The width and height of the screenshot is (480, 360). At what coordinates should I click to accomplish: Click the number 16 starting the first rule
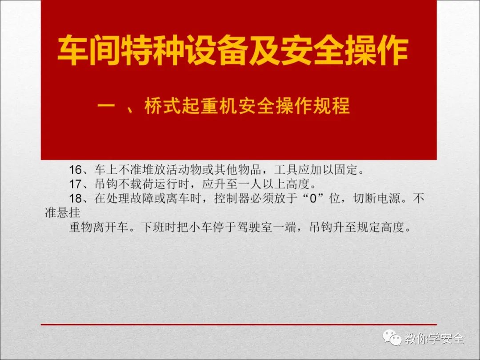point(75,170)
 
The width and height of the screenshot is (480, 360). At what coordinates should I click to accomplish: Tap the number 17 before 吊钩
point(75,184)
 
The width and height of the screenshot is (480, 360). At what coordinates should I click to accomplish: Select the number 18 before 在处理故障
point(75,198)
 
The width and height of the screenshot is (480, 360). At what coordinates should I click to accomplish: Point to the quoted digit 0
point(312,198)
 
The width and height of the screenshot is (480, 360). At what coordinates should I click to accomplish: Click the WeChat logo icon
point(392,338)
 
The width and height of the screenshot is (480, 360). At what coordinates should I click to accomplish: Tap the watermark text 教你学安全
point(434,338)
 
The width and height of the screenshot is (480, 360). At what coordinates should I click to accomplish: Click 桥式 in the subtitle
point(163,106)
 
